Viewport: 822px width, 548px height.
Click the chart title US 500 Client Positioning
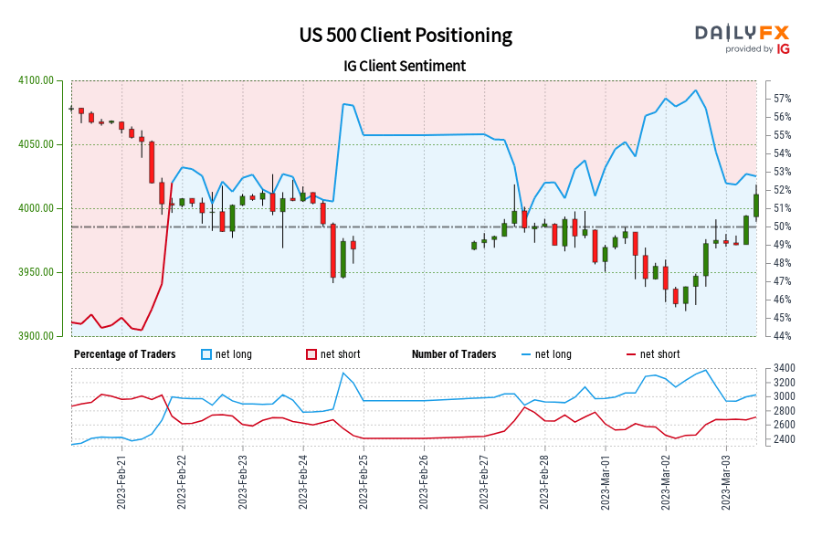tap(406, 35)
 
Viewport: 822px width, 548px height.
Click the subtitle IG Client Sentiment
tap(406, 66)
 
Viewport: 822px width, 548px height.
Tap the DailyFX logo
tap(741, 32)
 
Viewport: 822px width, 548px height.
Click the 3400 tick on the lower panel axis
tap(784, 368)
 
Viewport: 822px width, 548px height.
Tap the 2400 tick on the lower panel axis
tap(784, 439)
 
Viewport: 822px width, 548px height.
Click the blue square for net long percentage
tap(206, 354)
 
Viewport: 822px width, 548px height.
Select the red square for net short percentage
tap(311, 354)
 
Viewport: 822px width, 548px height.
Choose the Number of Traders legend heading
tap(454, 354)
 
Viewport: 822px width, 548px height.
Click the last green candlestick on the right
tap(756, 205)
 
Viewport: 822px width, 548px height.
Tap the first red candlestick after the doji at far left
tap(81, 112)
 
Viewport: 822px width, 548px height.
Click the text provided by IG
tap(757, 49)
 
